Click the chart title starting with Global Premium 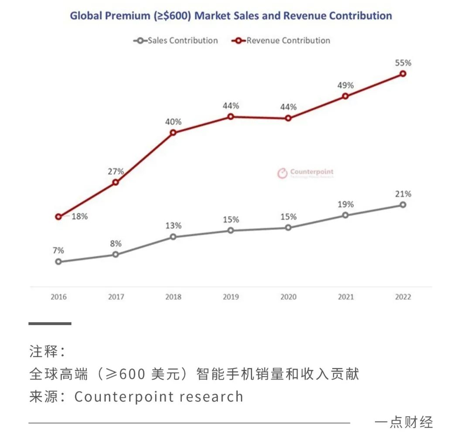(x=231, y=16)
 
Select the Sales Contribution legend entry (x=176, y=41)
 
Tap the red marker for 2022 (x=403, y=74)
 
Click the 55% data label (x=403, y=62)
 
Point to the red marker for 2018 (x=173, y=133)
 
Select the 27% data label (x=116, y=171)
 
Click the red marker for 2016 (x=58, y=217)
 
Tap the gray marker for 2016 (x=58, y=262)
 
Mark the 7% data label (x=58, y=250)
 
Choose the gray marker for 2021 (x=345, y=215)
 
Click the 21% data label (x=403, y=194)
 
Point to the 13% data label (x=173, y=226)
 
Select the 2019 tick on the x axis (x=231, y=297)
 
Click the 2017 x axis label (x=116, y=297)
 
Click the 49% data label (x=345, y=85)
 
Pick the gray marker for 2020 (x=288, y=228)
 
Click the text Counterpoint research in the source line (x=159, y=397)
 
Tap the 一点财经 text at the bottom (x=403, y=422)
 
